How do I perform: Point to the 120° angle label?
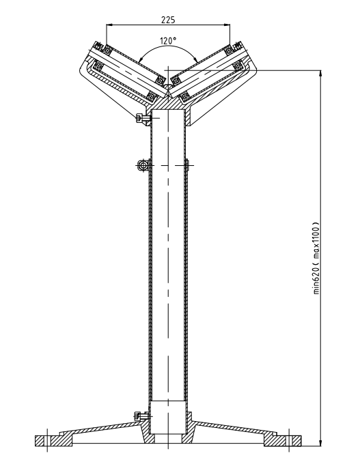pyautogui.click(x=169, y=41)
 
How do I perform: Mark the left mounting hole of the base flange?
pyautogui.click(x=46, y=437)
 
